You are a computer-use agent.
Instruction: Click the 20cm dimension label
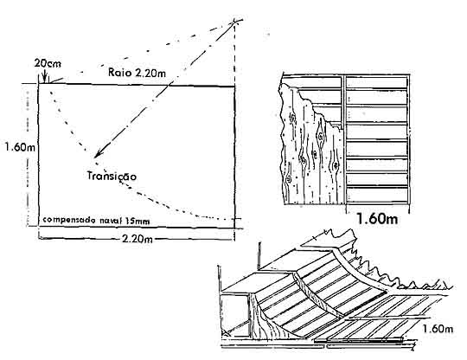coord(48,63)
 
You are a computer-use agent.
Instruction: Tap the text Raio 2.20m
coord(137,73)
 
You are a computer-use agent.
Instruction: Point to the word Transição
coord(112,176)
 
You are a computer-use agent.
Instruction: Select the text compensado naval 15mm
coord(96,221)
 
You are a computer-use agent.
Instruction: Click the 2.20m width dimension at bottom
coord(138,238)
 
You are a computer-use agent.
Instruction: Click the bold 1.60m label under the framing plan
coord(377,219)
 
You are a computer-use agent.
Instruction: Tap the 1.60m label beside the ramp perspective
coord(438,329)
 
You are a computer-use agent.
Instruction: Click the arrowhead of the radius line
coord(99,153)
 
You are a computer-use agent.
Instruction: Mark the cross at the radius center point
coord(235,22)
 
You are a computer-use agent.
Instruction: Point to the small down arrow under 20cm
coord(44,75)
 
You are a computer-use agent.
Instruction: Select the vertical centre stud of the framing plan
coord(344,140)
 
